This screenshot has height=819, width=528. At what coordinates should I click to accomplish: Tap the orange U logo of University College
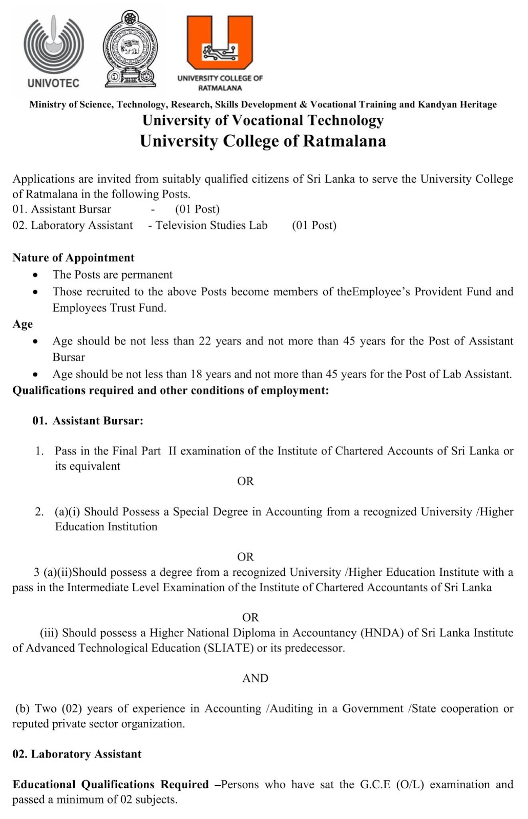(x=220, y=44)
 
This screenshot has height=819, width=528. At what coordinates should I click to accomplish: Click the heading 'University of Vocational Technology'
(x=263, y=120)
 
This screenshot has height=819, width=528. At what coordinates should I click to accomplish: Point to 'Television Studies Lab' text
(x=212, y=225)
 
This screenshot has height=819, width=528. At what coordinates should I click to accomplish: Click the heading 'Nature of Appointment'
(x=73, y=257)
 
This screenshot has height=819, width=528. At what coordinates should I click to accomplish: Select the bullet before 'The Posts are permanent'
(x=35, y=275)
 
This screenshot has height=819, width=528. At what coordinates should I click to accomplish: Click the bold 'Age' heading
(x=23, y=324)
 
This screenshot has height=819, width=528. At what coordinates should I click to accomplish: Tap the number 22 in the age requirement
(x=205, y=341)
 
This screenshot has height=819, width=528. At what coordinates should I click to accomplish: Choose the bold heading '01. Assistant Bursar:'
(x=88, y=421)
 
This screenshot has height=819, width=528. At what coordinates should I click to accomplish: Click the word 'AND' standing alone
(x=255, y=678)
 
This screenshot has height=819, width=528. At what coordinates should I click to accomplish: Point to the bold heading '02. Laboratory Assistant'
(x=77, y=754)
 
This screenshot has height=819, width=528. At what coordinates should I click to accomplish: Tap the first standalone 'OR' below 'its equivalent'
(x=245, y=481)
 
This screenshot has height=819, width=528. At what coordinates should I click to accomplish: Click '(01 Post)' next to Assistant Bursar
(x=197, y=209)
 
